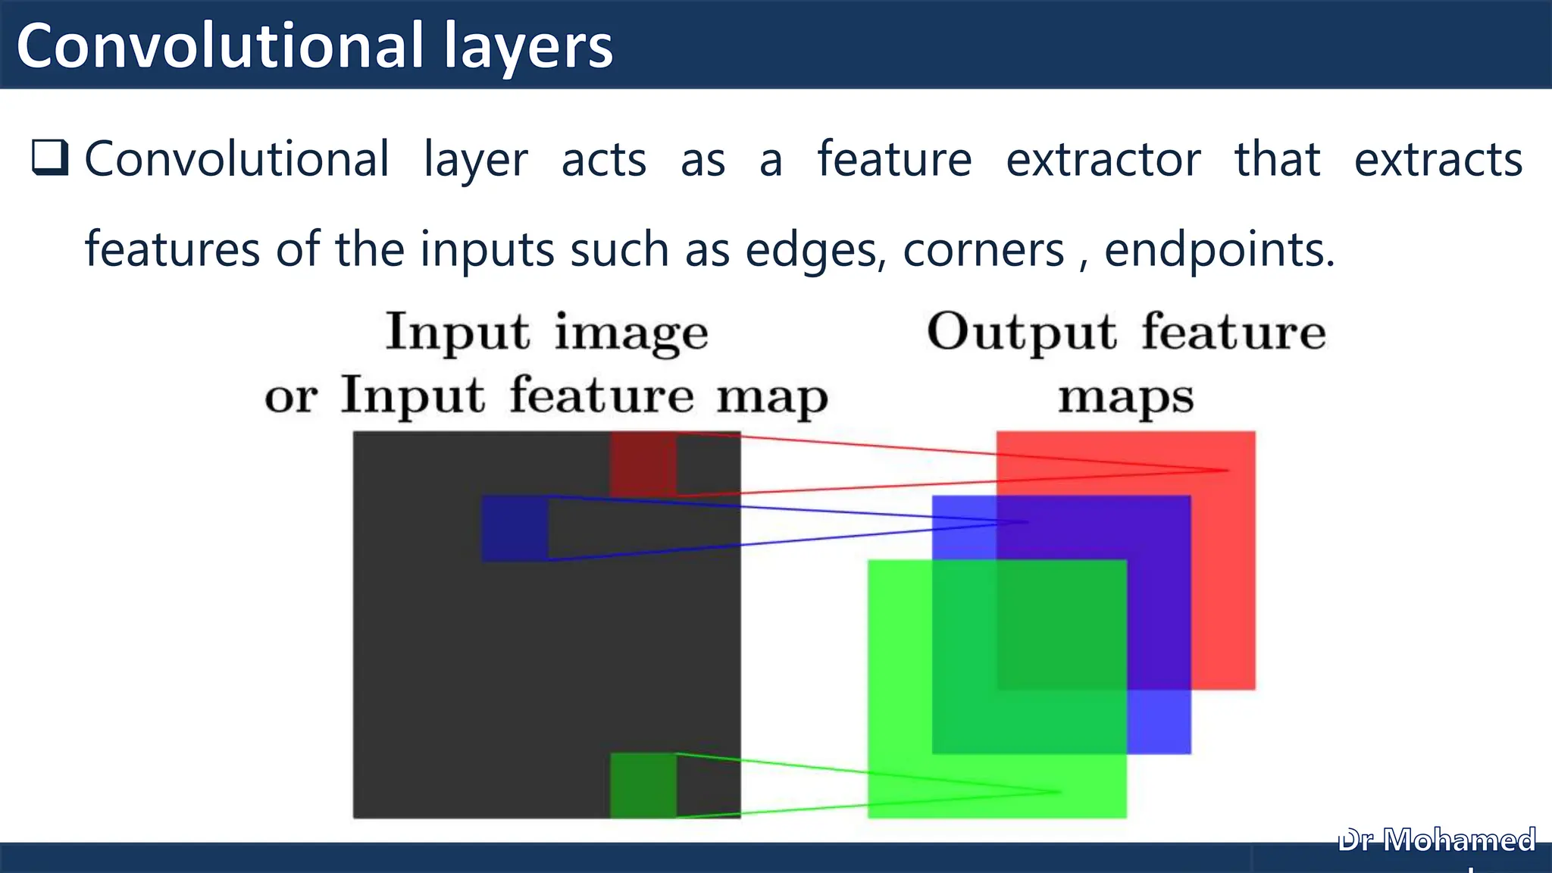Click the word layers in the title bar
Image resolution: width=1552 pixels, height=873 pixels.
(528, 47)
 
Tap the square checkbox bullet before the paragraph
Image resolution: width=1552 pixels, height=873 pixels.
(50, 158)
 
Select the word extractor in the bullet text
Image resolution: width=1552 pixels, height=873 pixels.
(1103, 160)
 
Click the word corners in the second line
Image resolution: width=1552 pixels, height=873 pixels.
(984, 251)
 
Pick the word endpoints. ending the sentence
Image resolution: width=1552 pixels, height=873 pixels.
(1219, 251)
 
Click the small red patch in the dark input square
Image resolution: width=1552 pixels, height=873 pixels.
(643, 464)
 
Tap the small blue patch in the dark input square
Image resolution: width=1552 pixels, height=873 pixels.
(515, 528)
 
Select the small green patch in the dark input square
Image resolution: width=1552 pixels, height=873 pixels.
(643, 785)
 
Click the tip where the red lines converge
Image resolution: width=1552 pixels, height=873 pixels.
(1227, 471)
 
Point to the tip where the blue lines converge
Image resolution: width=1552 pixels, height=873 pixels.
(1028, 522)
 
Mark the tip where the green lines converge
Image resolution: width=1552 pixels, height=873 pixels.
(1060, 792)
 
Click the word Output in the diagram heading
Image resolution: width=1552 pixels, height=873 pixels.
(1022, 333)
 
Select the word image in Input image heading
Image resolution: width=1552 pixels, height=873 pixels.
(631, 334)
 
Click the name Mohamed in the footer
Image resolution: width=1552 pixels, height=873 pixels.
(1460, 840)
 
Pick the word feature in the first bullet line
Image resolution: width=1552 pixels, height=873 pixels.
(894, 160)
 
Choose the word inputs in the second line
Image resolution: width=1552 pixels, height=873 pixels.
(487, 251)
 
